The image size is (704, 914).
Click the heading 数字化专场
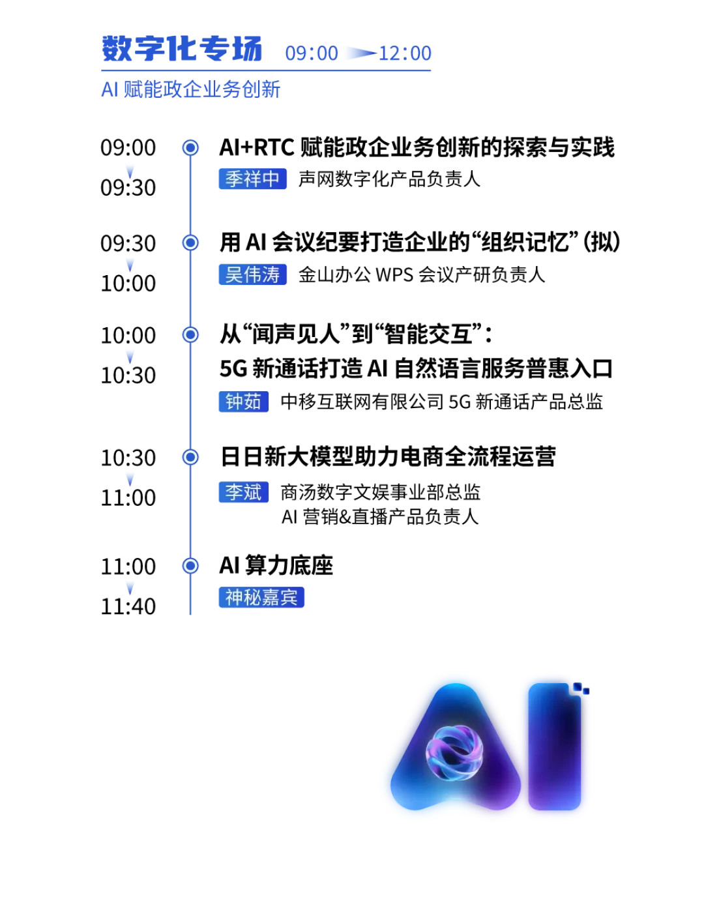(182, 49)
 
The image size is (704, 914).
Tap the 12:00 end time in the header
(405, 53)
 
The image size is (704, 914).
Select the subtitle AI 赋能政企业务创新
(190, 89)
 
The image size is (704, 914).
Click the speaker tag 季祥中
(252, 179)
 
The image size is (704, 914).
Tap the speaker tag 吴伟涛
(252, 274)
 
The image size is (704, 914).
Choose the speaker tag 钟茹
(244, 402)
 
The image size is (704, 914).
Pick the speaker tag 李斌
(244, 492)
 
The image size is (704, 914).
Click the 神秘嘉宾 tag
(261, 597)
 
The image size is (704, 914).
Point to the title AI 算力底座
(276, 565)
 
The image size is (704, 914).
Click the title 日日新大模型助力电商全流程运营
(388, 456)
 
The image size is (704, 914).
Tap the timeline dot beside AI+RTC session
(190, 147)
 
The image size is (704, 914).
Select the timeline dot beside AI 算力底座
(190, 566)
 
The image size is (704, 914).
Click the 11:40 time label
(128, 606)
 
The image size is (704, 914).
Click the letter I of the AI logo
(555, 746)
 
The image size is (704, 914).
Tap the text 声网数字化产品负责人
(389, 179)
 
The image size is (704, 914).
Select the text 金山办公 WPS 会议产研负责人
(421, 274)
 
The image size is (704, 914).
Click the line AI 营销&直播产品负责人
(380, 516)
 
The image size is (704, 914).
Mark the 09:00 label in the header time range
(312, 53)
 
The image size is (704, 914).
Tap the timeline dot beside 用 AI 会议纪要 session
(190, 243)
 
